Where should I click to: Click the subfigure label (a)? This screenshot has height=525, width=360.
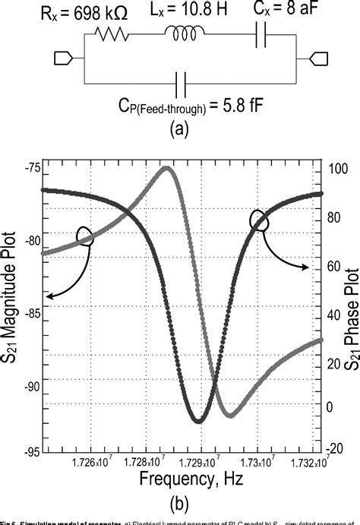tap(180, 130)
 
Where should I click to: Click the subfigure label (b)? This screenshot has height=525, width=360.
tap(180, 503)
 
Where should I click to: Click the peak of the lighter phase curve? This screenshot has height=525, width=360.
tap(166, 167)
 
